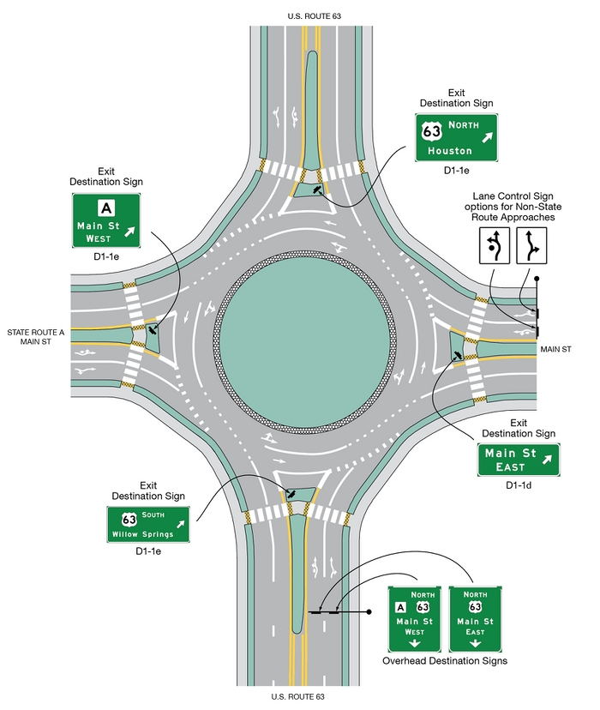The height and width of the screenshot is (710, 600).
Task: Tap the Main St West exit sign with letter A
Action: (x=105, y=220)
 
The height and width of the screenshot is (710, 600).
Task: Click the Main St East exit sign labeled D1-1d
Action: (x=518, y=460)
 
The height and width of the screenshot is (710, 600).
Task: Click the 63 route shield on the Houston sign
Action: (x=433, y=131)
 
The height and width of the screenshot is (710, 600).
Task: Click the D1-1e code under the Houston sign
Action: (x=459, y=171)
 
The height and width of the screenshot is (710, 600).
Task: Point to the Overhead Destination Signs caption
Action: (x=444, y=661)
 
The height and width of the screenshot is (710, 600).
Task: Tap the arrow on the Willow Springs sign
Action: (x=180, y=523)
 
